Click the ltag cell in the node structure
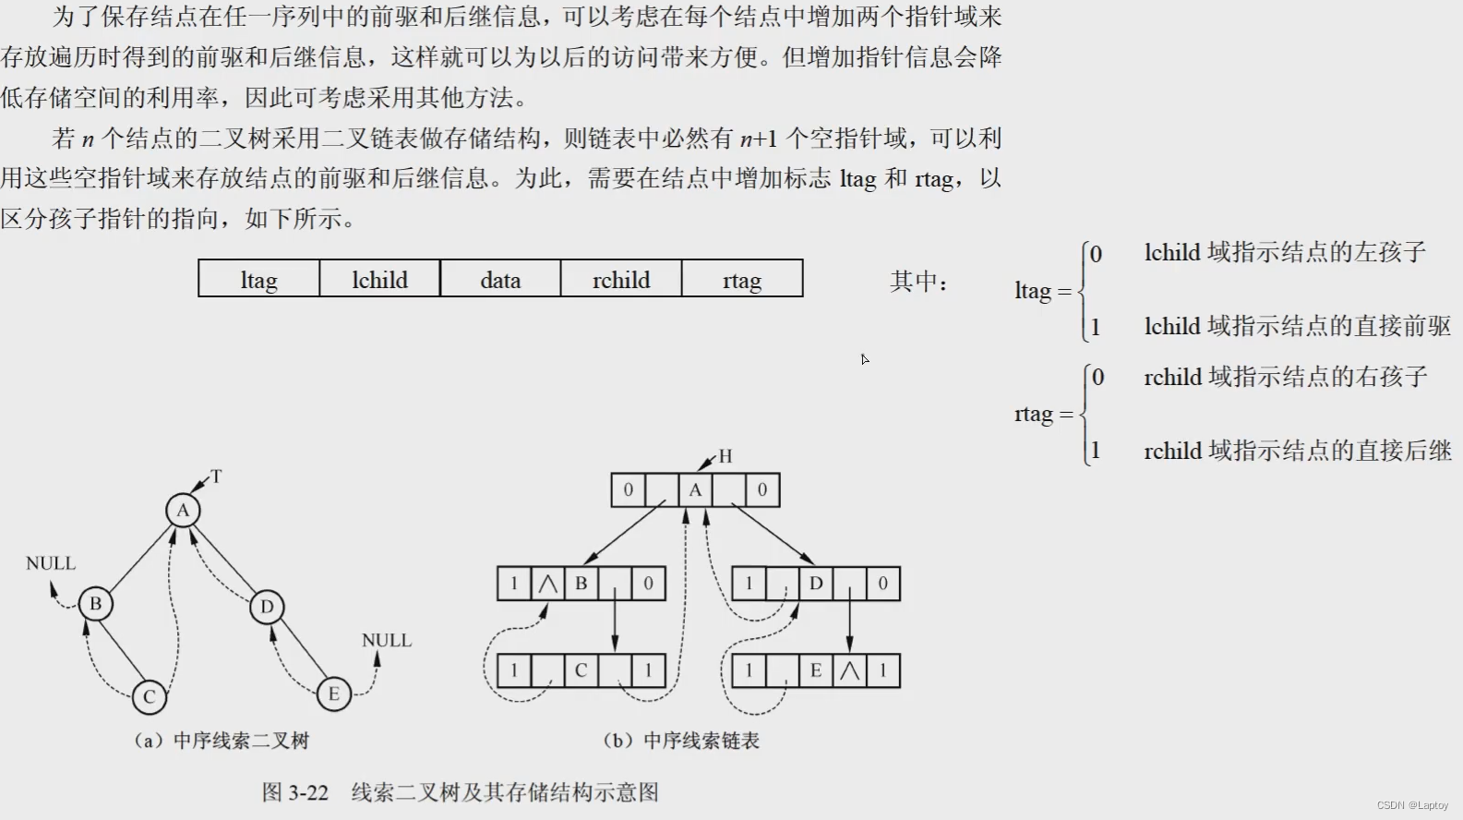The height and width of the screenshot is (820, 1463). point(258,280)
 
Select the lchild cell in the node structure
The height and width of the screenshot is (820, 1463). point(379,280)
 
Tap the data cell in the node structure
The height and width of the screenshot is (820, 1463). point(500,280)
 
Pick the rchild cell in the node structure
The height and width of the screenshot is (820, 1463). point(621,280)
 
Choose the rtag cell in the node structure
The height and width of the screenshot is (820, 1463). point(742,280)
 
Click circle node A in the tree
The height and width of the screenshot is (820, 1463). point(183,511)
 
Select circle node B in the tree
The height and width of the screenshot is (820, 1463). point(95,604)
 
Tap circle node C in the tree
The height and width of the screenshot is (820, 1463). point(149,697)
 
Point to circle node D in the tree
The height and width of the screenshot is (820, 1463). point(267,607)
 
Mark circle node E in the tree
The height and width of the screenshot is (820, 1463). point(333,694)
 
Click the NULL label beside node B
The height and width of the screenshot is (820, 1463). point(51,563)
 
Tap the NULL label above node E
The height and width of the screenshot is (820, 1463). point(387,640)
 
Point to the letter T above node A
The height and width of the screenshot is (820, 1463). point(217,476)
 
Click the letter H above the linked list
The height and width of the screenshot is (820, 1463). point(726,456)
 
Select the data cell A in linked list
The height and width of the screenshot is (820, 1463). point(695,490)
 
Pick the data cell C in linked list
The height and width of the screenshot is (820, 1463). point(581,671)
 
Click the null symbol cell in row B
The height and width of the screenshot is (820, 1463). point(548,584)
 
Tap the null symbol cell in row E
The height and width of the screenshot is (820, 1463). point(849,671)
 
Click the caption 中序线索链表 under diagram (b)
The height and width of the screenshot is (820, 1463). point(701,741)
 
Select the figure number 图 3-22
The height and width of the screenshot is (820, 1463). point(295,792)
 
